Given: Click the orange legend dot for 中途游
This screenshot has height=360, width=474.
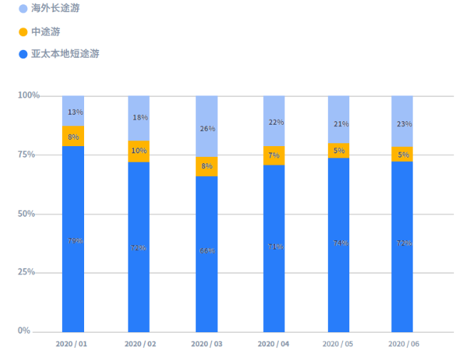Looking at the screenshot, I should [23, 32].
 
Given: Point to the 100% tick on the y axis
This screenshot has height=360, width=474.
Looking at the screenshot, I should [29, 96].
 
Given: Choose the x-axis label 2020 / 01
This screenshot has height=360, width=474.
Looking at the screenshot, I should [72, 344].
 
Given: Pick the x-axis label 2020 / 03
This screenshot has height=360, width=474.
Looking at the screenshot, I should [207, 344].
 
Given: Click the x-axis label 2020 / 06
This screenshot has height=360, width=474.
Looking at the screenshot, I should [403, 344].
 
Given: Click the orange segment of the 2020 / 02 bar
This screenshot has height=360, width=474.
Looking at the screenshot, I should [139, 151].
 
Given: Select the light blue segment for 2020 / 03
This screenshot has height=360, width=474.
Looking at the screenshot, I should [207, 125].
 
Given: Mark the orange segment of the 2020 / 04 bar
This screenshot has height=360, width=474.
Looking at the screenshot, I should [274, 155].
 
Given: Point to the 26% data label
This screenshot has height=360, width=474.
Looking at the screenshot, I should [207, 129].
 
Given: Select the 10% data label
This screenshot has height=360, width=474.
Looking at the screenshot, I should [139, 150].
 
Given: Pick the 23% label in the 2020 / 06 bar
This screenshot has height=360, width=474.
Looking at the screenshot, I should [403, 123].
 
